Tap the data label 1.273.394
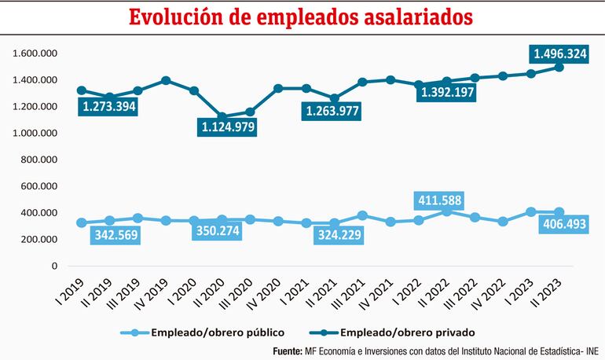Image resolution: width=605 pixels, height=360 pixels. point(108,108)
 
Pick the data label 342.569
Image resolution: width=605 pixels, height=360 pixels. point(116,234)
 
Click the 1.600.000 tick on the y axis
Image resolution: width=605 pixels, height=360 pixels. point(34,53)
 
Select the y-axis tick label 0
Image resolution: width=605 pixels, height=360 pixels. point(54,266)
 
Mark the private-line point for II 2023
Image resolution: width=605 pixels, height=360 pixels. point(559,67)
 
